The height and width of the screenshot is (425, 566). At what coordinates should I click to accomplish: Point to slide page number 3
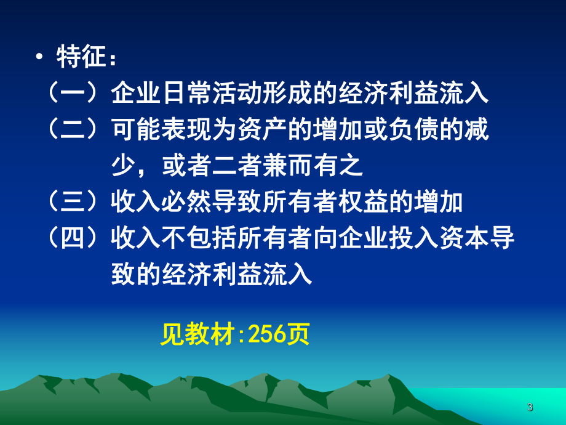pyautogui.click(x=530, y=407)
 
